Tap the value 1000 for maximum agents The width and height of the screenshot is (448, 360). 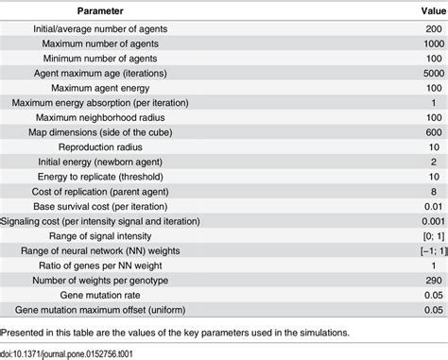(x=429, y=45)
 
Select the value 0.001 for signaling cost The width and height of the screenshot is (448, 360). (x=427, y=219)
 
